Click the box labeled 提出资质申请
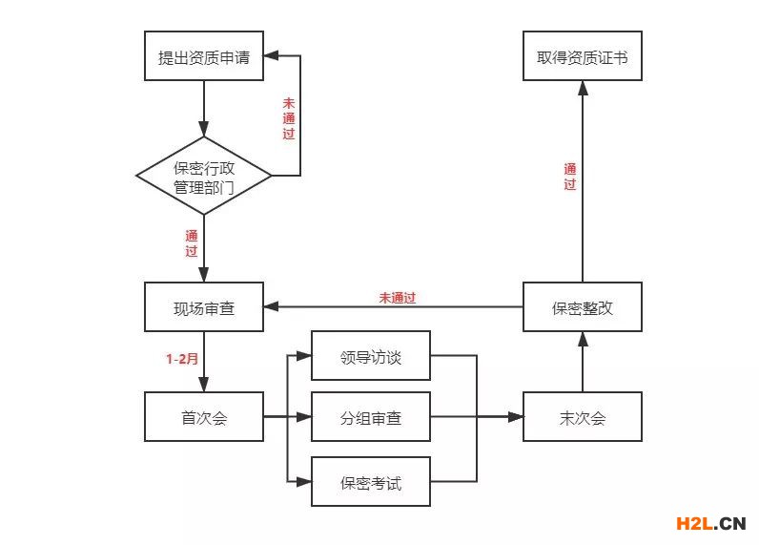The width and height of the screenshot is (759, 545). coord(204,57)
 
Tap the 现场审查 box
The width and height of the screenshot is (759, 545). coord(204,307)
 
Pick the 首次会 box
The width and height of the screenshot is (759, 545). coord(204,417)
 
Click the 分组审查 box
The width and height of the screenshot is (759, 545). coord(371,417)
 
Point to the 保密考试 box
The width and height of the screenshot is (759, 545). coord(371,482)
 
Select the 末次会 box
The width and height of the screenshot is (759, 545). coord(583,417)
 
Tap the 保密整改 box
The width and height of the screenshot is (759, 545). coord(583,307)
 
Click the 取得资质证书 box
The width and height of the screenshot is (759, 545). coord(583,57)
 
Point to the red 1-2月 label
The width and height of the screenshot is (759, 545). coord(182,359)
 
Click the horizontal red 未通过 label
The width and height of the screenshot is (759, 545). coord(398,298)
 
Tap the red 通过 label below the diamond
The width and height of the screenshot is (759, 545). coord(192,243)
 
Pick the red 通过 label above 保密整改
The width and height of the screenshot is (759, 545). coord(569,177)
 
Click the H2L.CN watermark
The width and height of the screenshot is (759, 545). coord(709,523)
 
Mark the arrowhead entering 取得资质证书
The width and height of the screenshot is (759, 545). coord(583,88)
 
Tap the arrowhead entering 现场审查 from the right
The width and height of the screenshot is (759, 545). coord(271,307)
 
